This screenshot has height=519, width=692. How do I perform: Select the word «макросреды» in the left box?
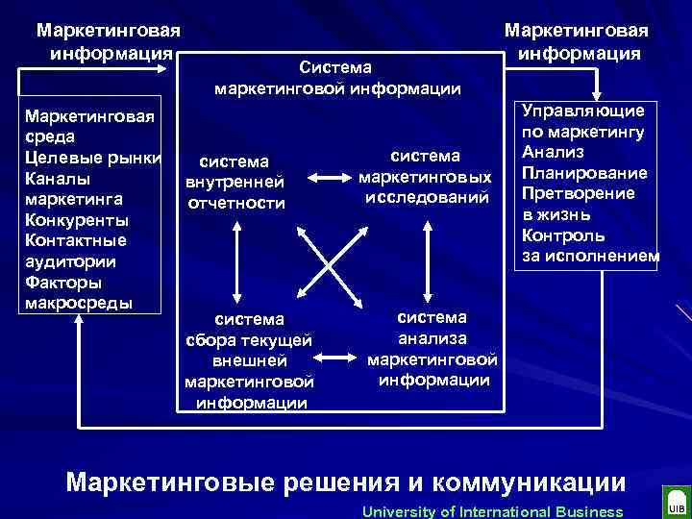pyautogui.click(x=74, y=303)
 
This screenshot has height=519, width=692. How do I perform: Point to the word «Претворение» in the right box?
pyautogui.click(x=578, y=193)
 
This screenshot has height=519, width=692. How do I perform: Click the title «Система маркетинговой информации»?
pyautogui.click(x=336, y=79)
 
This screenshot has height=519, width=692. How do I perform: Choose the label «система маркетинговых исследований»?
pyautogui.click(x=425, y=176)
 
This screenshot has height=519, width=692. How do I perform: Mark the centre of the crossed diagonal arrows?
pyautogui.click(x=332, y=257)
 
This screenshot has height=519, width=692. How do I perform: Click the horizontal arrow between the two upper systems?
pyautogui.click(x=332, y=178)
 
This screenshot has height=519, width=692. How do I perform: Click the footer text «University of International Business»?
pyautogui.click(x=492, y=510)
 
